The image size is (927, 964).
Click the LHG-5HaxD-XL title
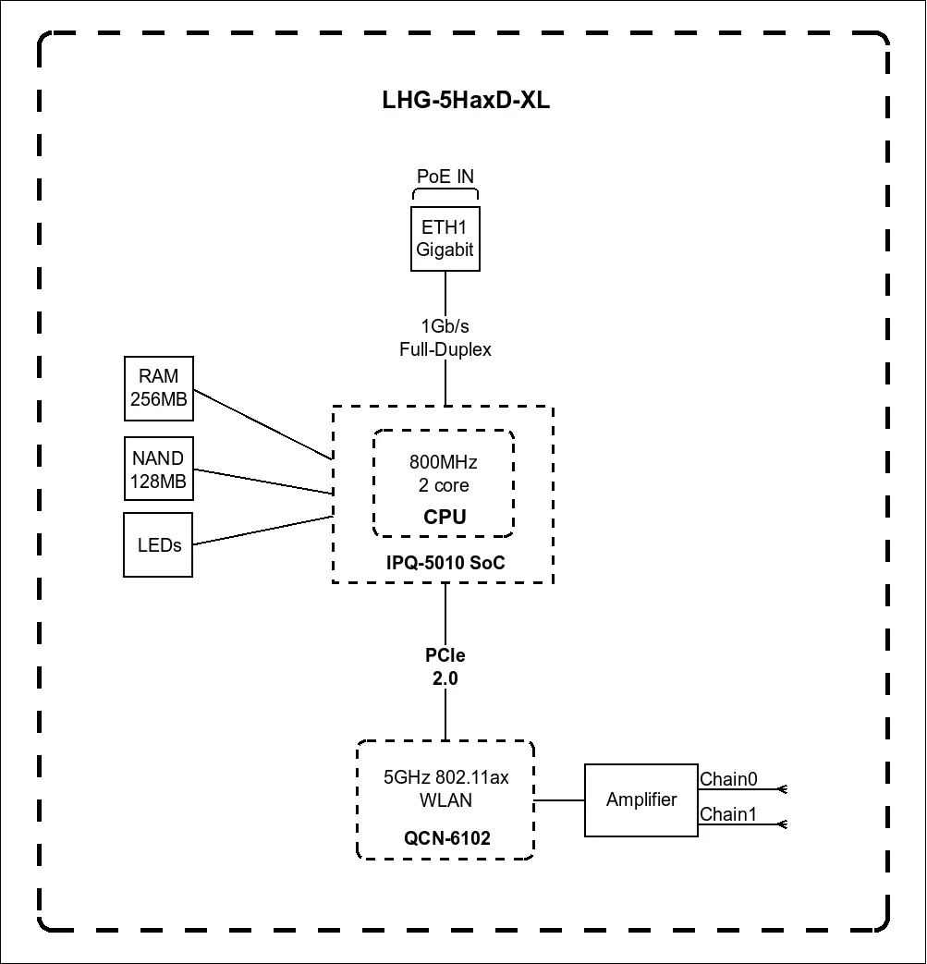click(466, 101)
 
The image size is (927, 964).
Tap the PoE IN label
click(445, 177)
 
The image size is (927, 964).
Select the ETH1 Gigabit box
click(445, 238)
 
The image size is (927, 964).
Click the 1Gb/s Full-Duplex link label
click(445, 338)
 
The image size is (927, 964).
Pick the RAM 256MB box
click(158, 387)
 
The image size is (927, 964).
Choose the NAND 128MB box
click(158, 470)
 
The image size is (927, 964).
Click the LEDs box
click(158, 545)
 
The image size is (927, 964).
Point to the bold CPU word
click(445, 518)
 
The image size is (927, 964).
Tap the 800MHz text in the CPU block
click(444, 463)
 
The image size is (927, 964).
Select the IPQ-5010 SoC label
click(445, 563)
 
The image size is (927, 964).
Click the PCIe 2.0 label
click(445, 666)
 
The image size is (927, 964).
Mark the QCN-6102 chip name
click(446, 839)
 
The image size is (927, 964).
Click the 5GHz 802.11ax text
click(446, 777)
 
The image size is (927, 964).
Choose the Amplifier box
click(641, 800)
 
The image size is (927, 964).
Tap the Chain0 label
click(728, 779)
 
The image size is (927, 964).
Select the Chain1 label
click(728, 814)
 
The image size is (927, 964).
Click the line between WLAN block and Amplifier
click(559, 800)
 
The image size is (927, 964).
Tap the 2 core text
click(444, 486)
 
